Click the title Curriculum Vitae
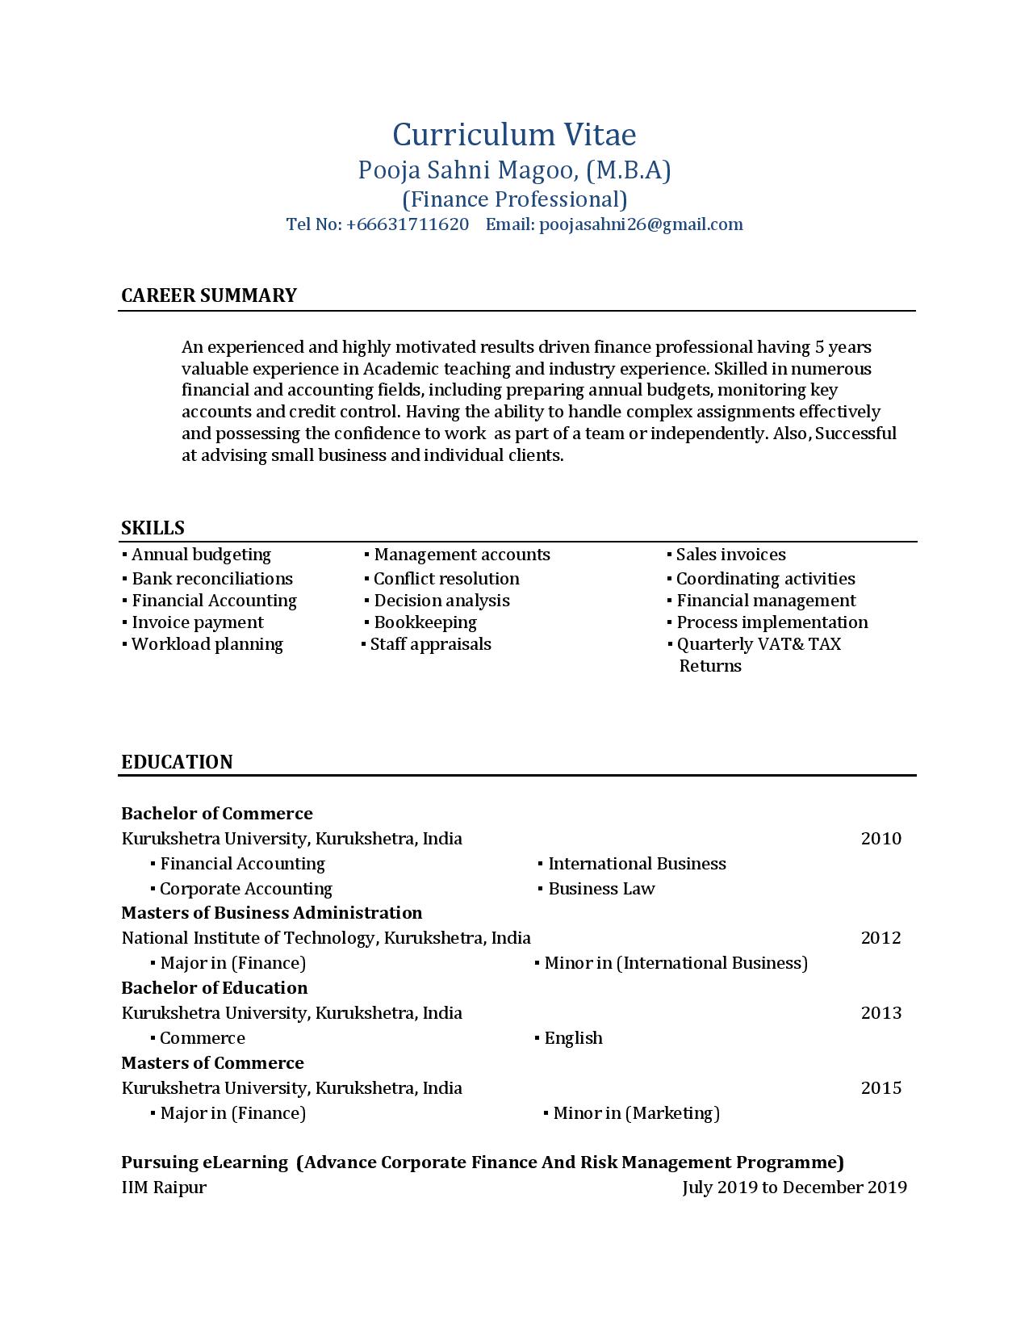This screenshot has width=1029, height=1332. click(x=514, y=135)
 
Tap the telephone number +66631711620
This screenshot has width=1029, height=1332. click(x=408, y=224)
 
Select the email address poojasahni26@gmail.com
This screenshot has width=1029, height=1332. click(x=641, y=224)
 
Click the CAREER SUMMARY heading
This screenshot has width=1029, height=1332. click(x=209, y=295)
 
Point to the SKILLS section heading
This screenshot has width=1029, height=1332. click(x=153, y=528)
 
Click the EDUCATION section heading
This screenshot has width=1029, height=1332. click(x=177, y=762)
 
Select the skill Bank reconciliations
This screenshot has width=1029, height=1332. click(x=212, y=579)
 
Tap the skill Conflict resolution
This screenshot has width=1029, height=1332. click(x=446, y=579)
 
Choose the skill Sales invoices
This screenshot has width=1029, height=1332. click(x=730, y=555)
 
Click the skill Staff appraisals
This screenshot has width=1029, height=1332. click(x=430, y=644)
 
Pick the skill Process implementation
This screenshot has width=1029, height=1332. click(x=772, y=622)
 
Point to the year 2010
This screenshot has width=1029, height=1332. click(x=881, y=839)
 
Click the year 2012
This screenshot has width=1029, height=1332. click(x=881, y=938)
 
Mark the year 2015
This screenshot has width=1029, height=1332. click(x=881, y=1088)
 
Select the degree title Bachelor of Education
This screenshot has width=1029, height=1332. click(x=214, y=988)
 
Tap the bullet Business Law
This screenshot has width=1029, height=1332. click(x=601, y=889)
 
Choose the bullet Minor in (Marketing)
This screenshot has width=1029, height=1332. click(x=636, y=1113)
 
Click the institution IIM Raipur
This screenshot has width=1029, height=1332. click(x=164, y=1187)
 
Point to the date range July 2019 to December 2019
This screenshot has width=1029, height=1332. click(x=794, y=1187)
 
